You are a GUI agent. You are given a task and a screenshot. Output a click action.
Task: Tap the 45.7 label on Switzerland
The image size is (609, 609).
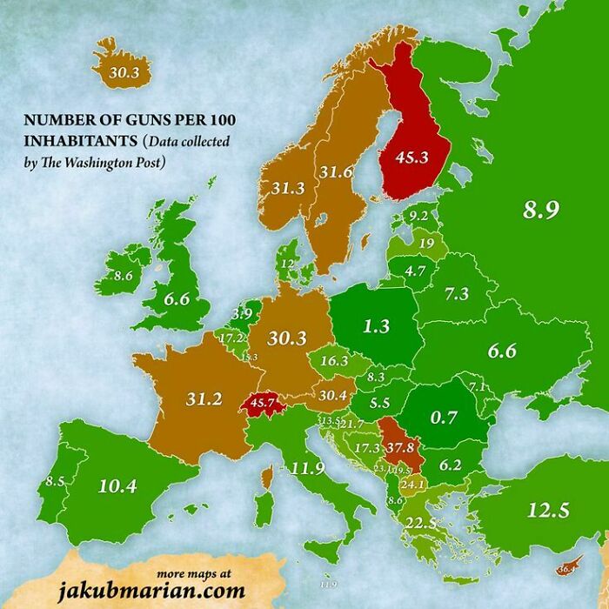(x=264, y=403)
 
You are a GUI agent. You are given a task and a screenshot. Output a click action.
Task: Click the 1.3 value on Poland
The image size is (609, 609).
(x=376, y=327)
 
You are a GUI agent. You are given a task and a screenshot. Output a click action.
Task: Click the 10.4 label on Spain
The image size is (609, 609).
(x=117, y=485)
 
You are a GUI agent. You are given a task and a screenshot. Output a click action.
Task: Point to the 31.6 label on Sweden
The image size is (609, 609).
(x=334, y=172)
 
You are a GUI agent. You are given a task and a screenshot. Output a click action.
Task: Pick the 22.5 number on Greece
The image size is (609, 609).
(x=421, y=522)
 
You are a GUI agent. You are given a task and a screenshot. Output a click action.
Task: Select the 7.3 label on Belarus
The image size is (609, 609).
(x=457, y=294)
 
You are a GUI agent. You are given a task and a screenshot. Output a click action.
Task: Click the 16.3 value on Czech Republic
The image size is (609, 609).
(x=335, y=359)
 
